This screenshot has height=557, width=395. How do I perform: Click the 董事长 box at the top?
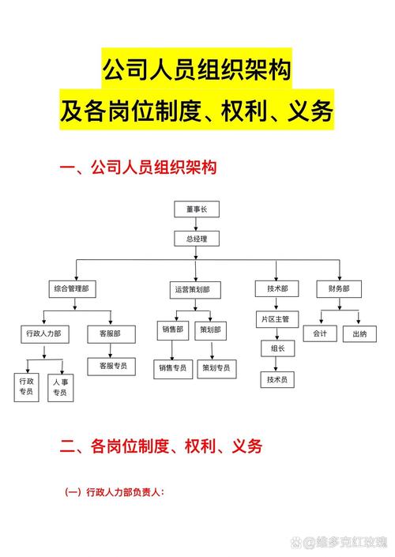(196, 209)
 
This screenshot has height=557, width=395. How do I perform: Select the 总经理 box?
(196, 238)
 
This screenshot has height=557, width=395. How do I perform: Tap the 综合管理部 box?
(70, 290)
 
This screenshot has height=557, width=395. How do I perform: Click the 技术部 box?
(277, 290)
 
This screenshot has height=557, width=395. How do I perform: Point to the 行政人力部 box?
(43, 334)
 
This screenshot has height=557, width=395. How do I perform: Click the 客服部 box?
(111, 334)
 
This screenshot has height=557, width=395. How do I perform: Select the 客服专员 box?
(111, 366)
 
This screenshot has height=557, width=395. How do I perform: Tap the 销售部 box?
(173, 329)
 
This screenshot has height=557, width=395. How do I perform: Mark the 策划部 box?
(211, 329)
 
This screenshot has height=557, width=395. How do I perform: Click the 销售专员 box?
(173, 368)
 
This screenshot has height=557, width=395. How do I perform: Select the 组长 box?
(277, 348)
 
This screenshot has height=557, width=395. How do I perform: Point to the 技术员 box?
(277, 380)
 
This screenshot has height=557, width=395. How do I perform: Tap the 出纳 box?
(359, 334)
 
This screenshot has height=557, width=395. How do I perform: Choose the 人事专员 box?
(60, 387)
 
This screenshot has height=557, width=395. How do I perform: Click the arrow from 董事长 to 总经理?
(196, 224)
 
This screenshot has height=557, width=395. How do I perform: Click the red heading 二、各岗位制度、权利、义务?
(161, 446)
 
